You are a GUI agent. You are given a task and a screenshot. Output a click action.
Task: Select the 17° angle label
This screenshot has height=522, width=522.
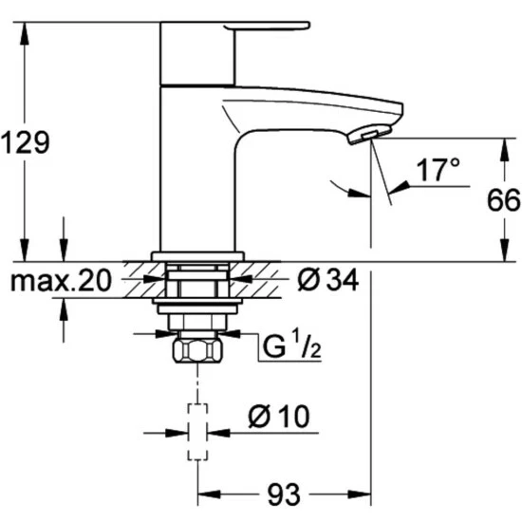pyautogui.click(x=438, y=172)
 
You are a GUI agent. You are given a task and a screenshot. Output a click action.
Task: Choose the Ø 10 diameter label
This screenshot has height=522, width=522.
pyautogui.click(x=279, y=416)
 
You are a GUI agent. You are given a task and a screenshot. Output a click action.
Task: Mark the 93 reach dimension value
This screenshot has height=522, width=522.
pyautogui.click(x=281, y=494)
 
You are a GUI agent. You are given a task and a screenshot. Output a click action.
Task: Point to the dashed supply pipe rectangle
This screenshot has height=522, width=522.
pyautogui.click(x=196, y=432)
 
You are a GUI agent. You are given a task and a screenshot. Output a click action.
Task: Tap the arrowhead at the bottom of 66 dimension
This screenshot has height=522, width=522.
pyautogui.click(x=501, y=254)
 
